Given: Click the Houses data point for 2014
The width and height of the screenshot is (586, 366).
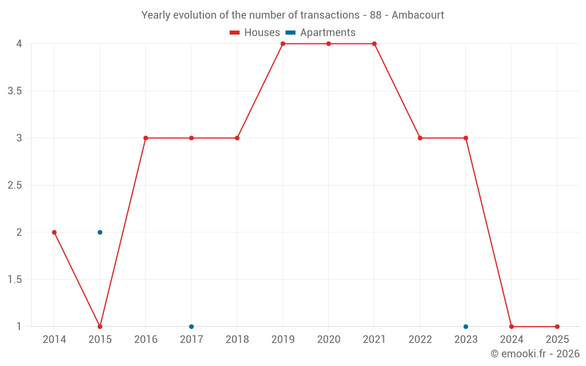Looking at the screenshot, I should (54, 232).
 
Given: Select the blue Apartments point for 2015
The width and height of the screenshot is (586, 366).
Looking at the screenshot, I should (100, 232).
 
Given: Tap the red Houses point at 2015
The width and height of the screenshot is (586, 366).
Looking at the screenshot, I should (100, 327).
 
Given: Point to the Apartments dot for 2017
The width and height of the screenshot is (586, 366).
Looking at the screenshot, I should (192, 327).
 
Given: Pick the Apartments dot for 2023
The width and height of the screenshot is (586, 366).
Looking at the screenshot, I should (466, 327).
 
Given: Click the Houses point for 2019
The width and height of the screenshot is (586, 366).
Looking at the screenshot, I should (283, 44).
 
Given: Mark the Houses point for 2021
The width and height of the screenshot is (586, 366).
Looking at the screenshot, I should (374, 44).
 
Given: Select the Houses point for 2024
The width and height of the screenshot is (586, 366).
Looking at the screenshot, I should (512, 327).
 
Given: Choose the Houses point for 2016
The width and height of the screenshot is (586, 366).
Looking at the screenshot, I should (146, 138).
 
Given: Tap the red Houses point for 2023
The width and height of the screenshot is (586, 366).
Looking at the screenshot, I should (466, 138).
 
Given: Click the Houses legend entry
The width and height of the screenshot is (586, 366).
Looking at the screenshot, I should (255, 33).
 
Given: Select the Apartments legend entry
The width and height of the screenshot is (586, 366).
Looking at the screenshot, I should (321, 33).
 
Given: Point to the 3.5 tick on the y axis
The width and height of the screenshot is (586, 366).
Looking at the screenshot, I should (15, 91).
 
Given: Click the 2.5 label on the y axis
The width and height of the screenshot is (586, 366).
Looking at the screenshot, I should (15, 185).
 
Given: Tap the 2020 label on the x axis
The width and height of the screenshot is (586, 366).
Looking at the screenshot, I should (329, 340).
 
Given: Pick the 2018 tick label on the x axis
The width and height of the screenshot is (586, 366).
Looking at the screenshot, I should (237, 340).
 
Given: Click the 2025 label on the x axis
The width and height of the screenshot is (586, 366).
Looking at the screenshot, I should (557, 340).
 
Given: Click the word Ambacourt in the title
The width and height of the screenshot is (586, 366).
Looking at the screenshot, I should (418, 15).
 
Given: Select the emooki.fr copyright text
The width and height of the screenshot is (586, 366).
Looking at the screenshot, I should (534, 354).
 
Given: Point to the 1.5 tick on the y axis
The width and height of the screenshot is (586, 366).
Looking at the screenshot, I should (15, 279).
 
